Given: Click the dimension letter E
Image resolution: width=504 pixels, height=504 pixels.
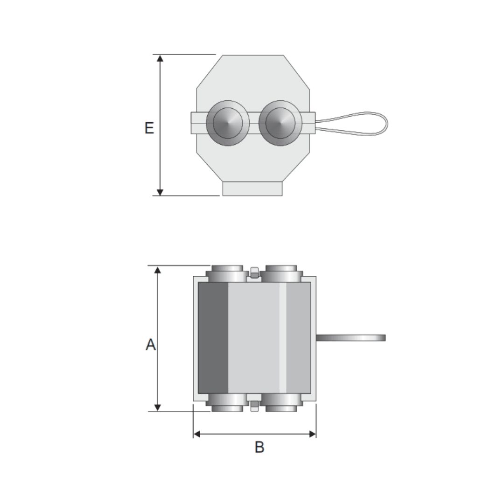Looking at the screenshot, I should (x=149, y=128).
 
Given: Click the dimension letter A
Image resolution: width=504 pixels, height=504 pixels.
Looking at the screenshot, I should (x=151, y=345).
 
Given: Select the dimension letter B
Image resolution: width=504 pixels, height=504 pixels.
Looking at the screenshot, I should (x=259, y=447).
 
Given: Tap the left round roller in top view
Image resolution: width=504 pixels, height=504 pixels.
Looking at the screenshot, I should (x=227, y=123).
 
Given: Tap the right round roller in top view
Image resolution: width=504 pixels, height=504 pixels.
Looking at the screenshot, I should (x=280, y=123).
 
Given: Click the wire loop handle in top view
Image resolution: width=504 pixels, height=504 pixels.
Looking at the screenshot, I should (x=355, y=124).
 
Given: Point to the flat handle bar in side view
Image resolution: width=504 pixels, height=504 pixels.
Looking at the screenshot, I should (x=351, y=337).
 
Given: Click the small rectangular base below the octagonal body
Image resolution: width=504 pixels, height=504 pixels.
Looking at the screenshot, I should (x=252, y=189).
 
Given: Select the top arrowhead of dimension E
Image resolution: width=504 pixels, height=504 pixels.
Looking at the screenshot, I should (x=160, y=59).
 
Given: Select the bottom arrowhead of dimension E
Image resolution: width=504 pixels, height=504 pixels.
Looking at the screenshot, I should (x=160, y=192).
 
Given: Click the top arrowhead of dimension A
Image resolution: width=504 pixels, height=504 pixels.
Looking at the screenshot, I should (x=158, y=270).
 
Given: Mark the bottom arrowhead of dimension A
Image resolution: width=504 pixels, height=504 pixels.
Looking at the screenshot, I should (x=158, y=407).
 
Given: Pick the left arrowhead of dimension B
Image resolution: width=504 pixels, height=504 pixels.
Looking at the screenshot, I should (x=197, y=434).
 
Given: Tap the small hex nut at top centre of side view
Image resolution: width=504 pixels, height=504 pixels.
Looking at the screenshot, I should (x=254, y=273).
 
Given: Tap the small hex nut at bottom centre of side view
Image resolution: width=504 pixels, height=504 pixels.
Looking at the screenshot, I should (x=254, y=406).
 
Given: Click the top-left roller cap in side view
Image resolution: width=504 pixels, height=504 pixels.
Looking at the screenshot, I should (x=227, y=273).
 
